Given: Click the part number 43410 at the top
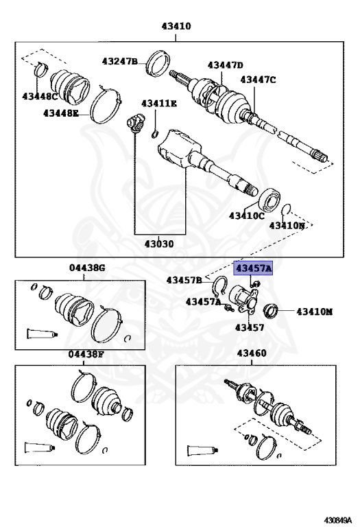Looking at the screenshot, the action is tap(176, 26).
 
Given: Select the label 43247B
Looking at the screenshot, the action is tap(120, 62).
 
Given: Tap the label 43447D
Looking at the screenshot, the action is tap(225, 65).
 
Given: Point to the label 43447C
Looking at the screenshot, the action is tap(258, 80).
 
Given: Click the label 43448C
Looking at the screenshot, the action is tap(40, 96).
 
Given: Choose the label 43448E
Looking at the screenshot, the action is tap(61, 113).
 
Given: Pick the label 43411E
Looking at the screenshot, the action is tap(159, 103).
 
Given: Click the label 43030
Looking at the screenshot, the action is tap(159, 244).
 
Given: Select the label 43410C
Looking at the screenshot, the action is tap(247, 215).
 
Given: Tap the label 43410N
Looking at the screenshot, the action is tap(287, 226).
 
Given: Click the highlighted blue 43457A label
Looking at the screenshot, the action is tap(253, 268).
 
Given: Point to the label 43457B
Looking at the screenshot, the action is tap(184, 280).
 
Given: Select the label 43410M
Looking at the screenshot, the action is tap(314, 312).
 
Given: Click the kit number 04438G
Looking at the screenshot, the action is tap(87, 268).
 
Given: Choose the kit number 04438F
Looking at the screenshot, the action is tap(86, 354).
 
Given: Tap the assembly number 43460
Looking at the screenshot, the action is tap(252, 353).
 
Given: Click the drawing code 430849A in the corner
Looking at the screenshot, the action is tap(337, 519).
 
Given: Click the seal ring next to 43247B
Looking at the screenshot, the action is tap(158, 63).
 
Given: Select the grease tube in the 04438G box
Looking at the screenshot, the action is tap(43, 333).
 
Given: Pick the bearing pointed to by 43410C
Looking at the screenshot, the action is tap(269, 199).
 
